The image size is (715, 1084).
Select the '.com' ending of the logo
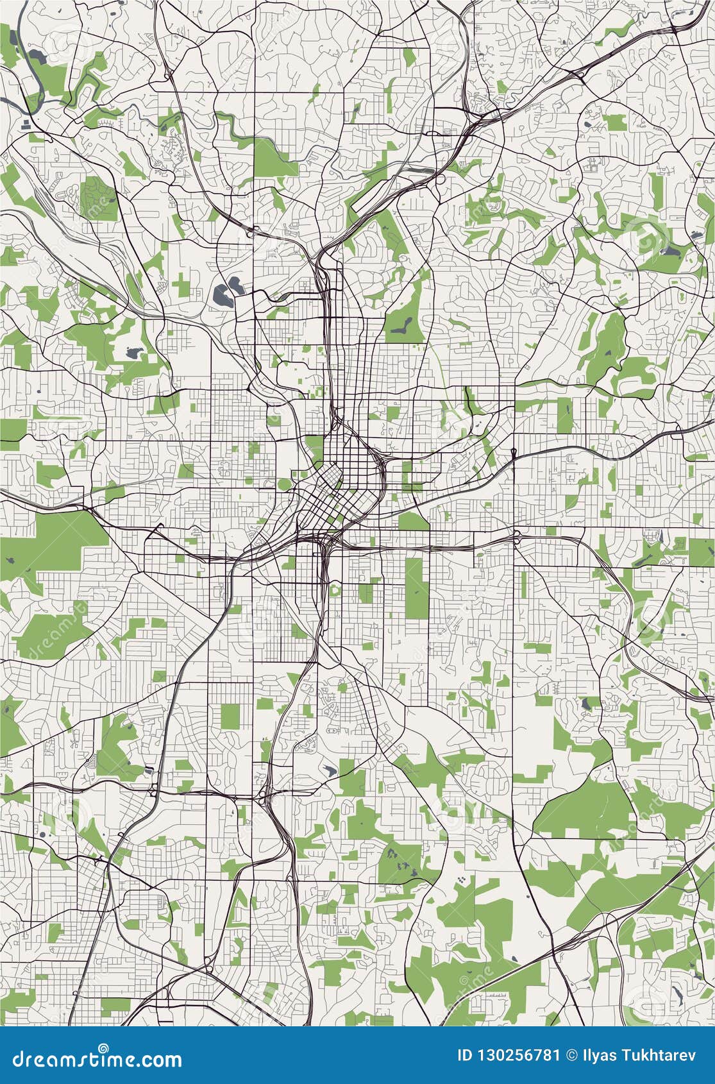[162, 1058]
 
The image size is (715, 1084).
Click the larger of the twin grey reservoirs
[221, 295]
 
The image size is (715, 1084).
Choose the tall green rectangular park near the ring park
[414, 587]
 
